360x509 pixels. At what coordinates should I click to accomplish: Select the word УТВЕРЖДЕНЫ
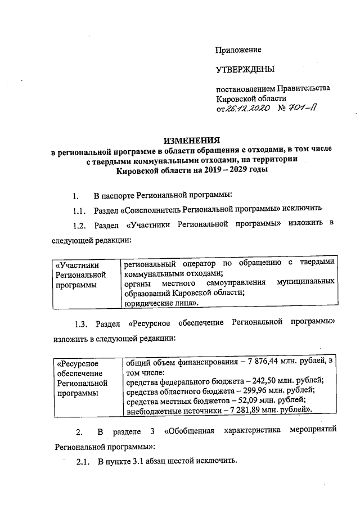coord(245,70)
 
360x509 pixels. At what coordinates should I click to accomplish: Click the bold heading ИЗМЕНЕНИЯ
coord(191,140)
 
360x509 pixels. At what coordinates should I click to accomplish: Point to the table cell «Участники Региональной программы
coord(82,275)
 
